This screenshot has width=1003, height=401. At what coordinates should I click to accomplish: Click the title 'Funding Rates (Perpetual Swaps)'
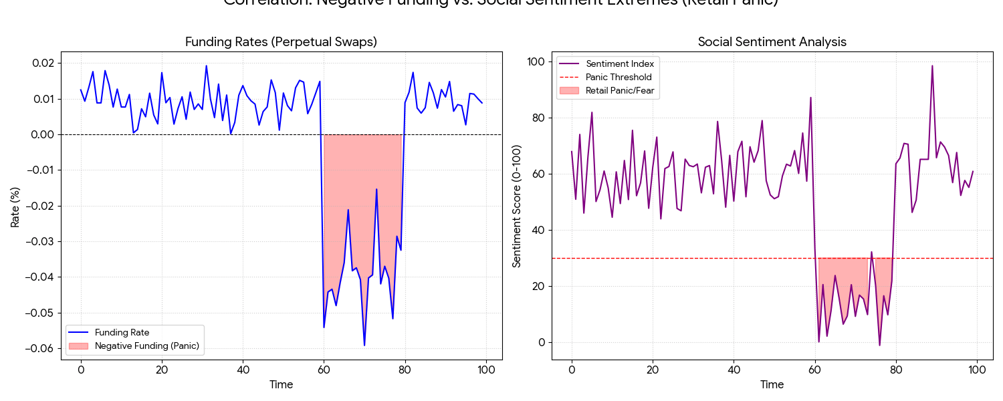pos(281,41)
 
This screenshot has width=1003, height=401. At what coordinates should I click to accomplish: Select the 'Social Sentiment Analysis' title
pos(772,41)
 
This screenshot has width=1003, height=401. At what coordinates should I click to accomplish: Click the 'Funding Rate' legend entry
pos(122,332)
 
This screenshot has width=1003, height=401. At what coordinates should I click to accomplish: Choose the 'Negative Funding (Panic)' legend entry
pos(147,346)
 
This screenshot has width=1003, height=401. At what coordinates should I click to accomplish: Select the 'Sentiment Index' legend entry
pos(620,63)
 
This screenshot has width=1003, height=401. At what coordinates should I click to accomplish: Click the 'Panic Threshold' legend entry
pos(619,77)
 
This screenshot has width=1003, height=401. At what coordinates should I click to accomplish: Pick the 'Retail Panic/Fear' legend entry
pos(620,90)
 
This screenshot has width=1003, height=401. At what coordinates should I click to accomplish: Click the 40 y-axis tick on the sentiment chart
pos(536,230)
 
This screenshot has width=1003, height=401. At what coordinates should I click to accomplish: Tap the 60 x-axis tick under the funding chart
pos(324,370)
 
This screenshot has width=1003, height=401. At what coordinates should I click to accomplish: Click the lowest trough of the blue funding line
pos(364,346)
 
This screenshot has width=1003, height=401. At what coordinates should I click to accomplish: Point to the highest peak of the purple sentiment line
pos(932,65)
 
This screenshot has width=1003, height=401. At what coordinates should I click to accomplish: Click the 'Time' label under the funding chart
pos(281,384)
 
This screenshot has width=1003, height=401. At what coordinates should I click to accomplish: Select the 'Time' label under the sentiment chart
pos(772,384)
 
